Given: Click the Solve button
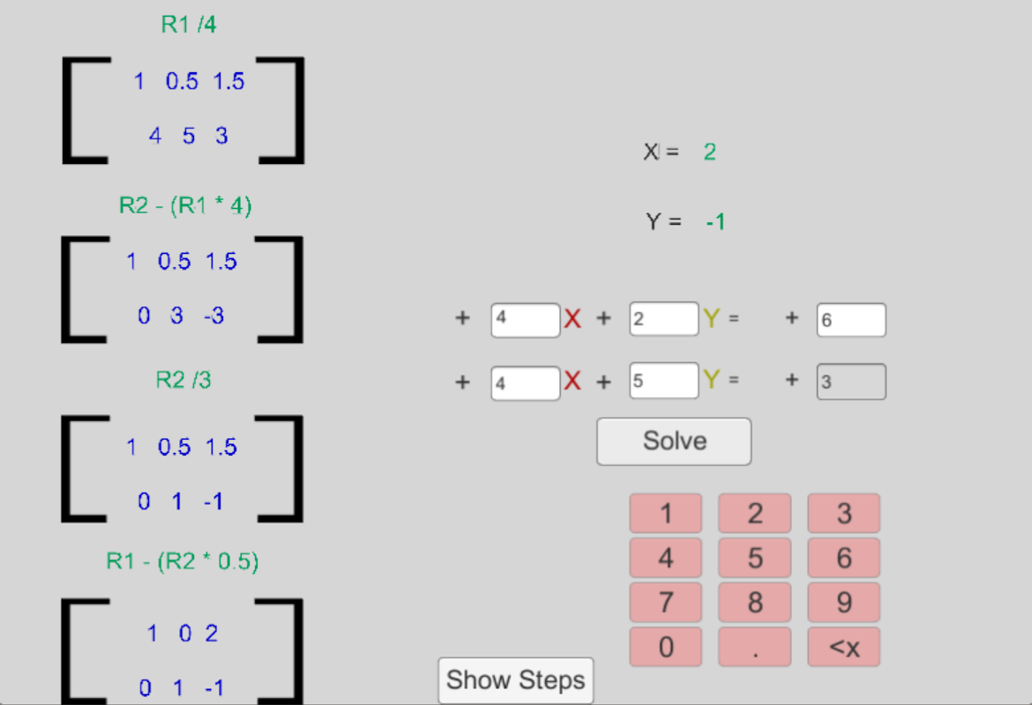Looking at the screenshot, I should coord(674,441).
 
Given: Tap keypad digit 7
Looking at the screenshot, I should coord(666,603).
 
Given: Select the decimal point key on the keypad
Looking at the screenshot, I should coord(755,648).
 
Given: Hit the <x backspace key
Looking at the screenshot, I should coord(844,648).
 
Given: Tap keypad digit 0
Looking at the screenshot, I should coord(666,648).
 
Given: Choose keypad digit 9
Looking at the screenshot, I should coord(844,603).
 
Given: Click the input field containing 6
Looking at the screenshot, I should coord(851,320).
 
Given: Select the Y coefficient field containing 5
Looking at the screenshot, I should coord(663,381).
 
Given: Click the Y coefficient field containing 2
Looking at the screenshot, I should coord(663,319).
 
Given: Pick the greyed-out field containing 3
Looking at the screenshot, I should coord(851,382).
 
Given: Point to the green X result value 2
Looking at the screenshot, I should coord(710,152).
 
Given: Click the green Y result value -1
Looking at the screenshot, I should coord(715,222).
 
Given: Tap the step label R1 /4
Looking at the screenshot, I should coord(189,25).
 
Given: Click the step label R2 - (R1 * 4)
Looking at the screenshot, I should coord(185,206).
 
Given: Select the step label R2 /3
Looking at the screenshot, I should coord(183,380).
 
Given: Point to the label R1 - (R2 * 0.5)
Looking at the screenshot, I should coord(183,561).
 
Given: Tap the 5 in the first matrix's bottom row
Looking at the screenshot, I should coord(189,136).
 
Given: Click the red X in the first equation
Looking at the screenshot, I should coord(572,319).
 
